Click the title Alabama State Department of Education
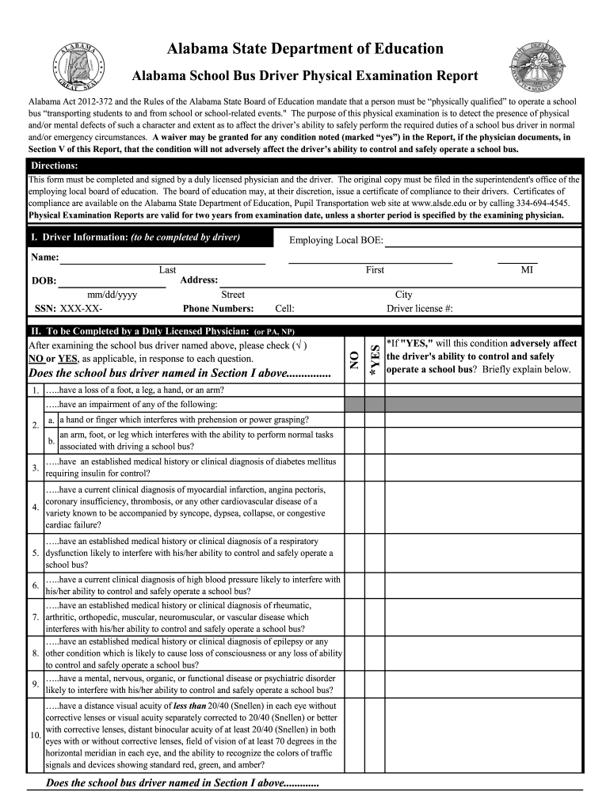[305, 49]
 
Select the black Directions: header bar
[305, 166]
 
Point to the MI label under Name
[527, 270]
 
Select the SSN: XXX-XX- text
[68, 309]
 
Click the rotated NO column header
[355, 360]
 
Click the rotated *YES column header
[376, 360]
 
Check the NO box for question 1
[355, 390]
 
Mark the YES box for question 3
[376, 467]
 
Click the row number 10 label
[36, 736]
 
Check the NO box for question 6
[355, 585]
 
